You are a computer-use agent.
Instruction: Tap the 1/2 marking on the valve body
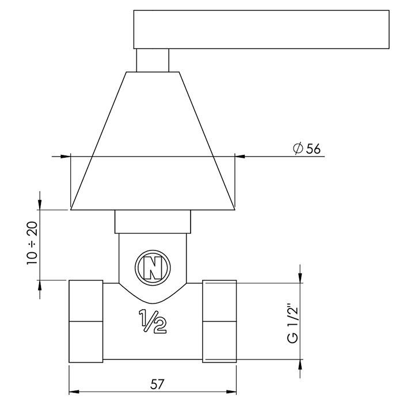(x=153, y=322)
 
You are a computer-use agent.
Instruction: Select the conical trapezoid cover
(x=153, y=144)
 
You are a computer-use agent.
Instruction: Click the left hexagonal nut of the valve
(x=86, y=321)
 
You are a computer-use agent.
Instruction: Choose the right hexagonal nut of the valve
(x=219, y=321)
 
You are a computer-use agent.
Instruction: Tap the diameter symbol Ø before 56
(x=297, y=148)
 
